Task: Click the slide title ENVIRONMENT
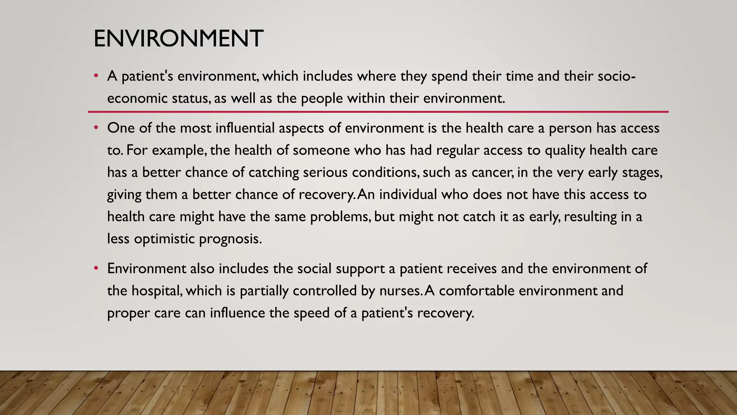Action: pos(178,39)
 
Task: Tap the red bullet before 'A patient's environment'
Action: pos(96,76)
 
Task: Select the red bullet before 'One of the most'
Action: pos(96,128)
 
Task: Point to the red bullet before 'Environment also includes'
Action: pos(96,268)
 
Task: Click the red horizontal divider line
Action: pos(378,112)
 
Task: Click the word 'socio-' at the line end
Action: pos(616,76)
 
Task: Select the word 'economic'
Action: pos(137,98)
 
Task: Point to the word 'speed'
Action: pos(312,313)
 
